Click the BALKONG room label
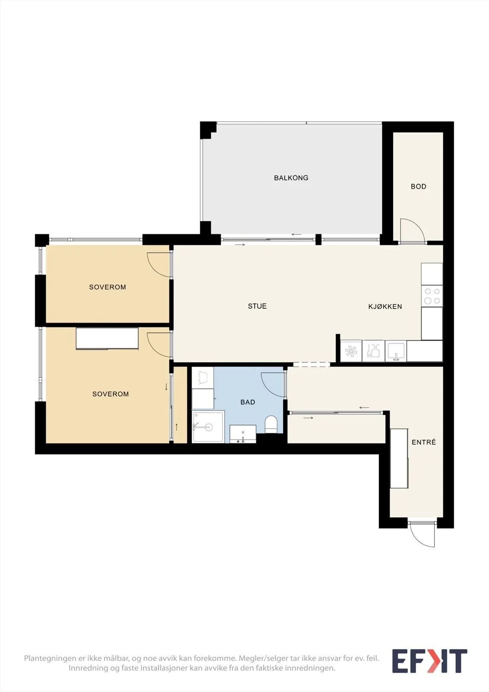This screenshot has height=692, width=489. coord(291,178)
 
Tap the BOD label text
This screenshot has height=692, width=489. coord(418,186)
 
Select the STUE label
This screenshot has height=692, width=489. coord(257,306)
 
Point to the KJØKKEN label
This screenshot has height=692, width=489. coord(385,307)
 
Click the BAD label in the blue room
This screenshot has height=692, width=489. coord(248,402)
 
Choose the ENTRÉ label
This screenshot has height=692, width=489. coord(424,442)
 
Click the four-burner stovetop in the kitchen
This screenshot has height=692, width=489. coord(432,296)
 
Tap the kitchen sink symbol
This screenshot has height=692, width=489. coord(396,351)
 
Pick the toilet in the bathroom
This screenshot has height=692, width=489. coord(272,424)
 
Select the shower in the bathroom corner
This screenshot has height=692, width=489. coord(208,427)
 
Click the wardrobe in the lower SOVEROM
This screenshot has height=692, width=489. coord(107,339)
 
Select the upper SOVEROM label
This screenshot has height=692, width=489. coord(108,287)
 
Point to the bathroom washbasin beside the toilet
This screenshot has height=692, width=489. coord(243,434)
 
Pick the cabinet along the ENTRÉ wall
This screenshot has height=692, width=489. coord(399,458)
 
